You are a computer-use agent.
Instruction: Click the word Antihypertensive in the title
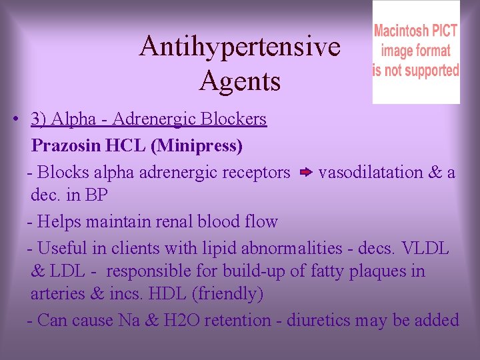point(239,47)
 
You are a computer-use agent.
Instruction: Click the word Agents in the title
point(239,81)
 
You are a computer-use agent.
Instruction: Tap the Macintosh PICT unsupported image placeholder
point(415,52)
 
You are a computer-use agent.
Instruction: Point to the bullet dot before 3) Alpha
point(14,120)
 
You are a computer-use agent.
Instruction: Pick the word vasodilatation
point(370,173)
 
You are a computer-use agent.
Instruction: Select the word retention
point(237,321)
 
